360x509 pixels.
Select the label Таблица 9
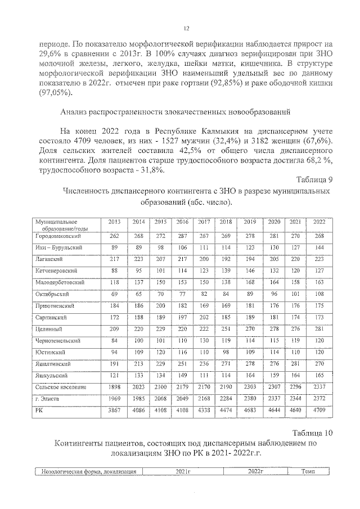point(316,179)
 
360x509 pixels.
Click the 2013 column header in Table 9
point(115,222)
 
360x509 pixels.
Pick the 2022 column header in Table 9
point(319,222)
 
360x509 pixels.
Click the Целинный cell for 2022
point(319,328)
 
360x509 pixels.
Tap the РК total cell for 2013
point(115,412)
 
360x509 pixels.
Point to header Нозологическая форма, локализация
point(89,471)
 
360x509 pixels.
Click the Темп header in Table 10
point(308,471)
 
